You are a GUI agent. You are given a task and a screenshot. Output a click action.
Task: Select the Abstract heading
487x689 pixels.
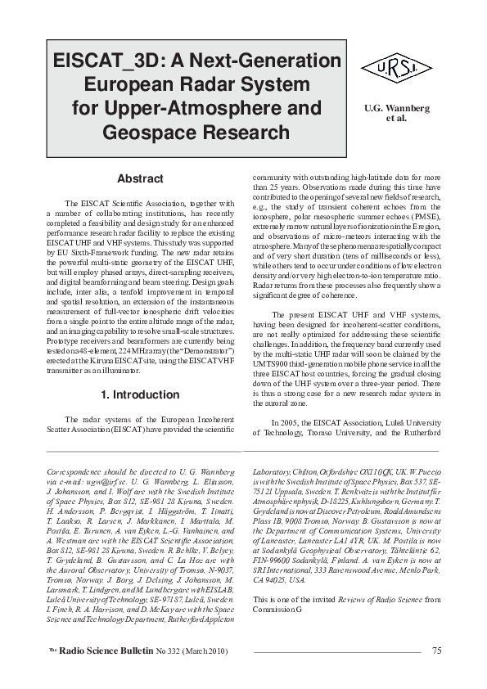pyautogui.click(x=140, y=178)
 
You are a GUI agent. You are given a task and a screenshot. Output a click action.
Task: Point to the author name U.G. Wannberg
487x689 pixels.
pyautogui.click(x=396, y=107)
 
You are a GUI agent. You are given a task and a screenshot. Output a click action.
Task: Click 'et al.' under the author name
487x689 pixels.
pyautogui.click(x=396, y=118)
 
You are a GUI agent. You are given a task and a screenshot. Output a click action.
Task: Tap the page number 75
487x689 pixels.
pyautogui.click(x=436, y=651)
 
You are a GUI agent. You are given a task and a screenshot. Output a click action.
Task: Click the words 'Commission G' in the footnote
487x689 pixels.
pyautogui.click(x=277, y=610)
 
